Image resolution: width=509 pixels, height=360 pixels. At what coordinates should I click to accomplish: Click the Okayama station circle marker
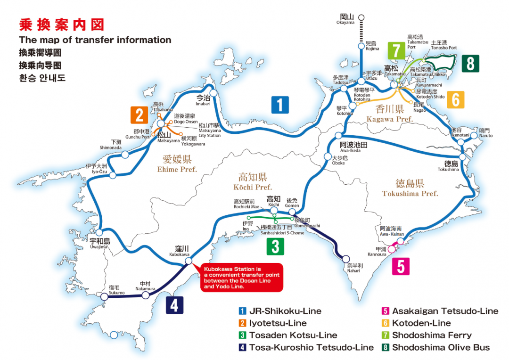pyautogui.click(x=361, y=18)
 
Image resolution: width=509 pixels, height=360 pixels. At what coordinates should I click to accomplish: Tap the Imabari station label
pyautogui.click(x=203, y=100)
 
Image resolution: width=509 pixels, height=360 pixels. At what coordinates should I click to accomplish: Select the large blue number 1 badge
pyautogui.click(x=280, y=105)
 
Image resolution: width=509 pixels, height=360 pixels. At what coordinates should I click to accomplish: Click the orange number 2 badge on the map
pyautogui.click(x=139, y=115)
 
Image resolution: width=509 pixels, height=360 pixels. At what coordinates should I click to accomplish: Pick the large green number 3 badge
pyautogui.click(x=275, y=246)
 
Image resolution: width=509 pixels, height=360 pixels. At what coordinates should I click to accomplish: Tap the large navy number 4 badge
pyautogui.click(x=174, y=305)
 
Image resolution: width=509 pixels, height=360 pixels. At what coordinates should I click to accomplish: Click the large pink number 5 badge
pyautogui.click(x=401, y=266)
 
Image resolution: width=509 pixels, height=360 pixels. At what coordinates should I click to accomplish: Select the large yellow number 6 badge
pyautogui.click(x=455, y=100)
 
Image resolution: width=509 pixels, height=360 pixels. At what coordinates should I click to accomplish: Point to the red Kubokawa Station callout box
pyautogui.click(x=242, y=277)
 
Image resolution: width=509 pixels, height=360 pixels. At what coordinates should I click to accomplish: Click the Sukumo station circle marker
pyautogui.click(x=104, y=297)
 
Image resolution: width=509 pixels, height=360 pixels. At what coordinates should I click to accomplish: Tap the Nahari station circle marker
pyautogui.click(x=346, y=259)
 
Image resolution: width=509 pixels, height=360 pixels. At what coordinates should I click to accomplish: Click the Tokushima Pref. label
pyautogui.click(x=410, y=188)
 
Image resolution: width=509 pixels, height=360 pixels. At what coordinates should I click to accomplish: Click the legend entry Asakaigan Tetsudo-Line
pyautogui.click(x=444, y=311)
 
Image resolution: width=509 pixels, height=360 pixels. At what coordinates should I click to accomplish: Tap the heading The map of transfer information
pyautogui.click(x=95, y=40)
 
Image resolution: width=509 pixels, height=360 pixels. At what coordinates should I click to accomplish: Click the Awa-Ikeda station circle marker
pyautogui.click(x=338, y=136)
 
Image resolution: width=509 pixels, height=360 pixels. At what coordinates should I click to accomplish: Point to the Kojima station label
pyautogui.click(x=372, y=46)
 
